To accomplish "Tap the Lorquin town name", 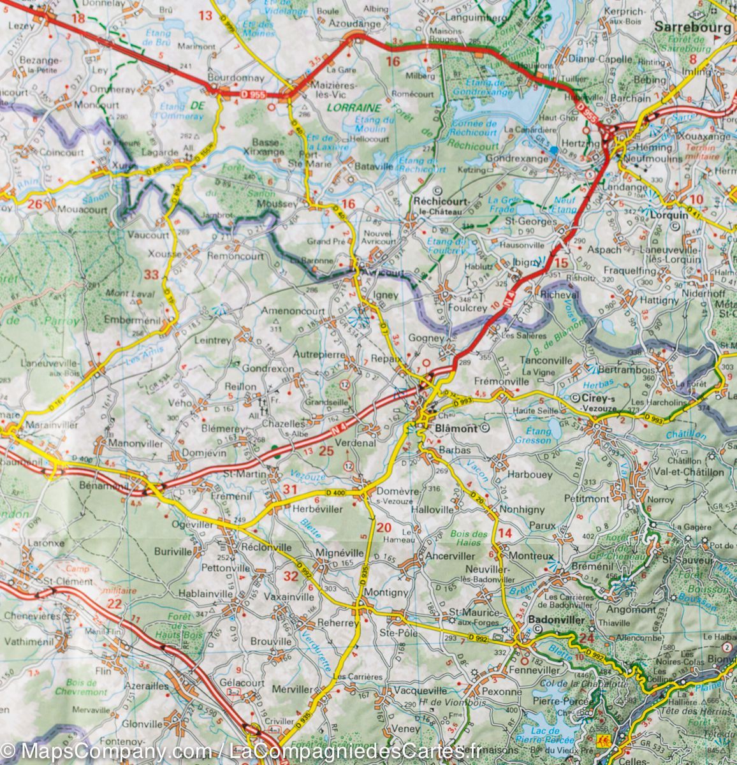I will (669, 215).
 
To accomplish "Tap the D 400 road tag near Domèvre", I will (335, 493).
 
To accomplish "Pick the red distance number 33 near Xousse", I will (152, 275).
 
